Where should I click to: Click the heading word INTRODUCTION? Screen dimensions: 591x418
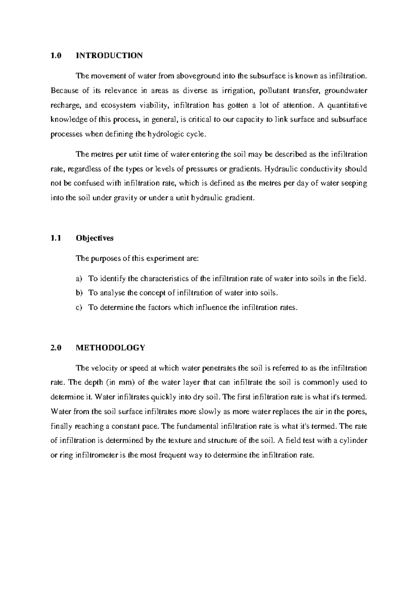pos(109,55)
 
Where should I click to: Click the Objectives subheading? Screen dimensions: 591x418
pos(94,238)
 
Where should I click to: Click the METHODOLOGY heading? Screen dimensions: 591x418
pos(110,348)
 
